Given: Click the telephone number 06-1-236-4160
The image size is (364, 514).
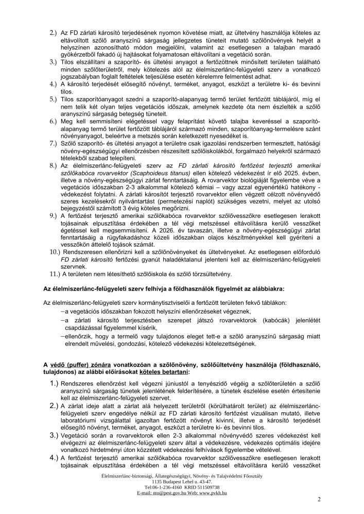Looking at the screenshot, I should tap(164, 487).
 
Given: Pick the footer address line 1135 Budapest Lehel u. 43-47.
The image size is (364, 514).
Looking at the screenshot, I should tap(182, 481).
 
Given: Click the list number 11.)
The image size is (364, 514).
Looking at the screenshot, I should tap(53, 273).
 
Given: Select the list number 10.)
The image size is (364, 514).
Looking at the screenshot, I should tap(53, 253).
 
